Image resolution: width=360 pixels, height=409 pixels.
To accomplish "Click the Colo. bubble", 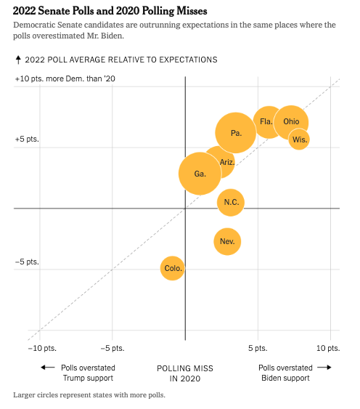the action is coord(172,268).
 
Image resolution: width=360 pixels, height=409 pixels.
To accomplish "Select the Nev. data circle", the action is coord(227,241).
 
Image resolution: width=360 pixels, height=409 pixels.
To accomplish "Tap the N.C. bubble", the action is coord(231,202).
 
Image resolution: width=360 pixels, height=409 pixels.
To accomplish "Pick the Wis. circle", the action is coord(299,139).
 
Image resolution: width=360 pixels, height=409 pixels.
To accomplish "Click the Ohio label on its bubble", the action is coord(291,121).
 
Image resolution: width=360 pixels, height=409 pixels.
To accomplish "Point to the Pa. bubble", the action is coord(236,133).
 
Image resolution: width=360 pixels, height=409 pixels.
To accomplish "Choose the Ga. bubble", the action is coord(200,174).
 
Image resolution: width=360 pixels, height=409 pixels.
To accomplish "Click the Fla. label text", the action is coord(266,121).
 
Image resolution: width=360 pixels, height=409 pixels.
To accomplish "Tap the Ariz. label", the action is coord(227,162).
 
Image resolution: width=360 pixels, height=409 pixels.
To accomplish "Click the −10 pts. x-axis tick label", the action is coord(42,348).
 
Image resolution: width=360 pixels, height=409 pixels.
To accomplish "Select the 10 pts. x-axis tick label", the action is coord(328,348).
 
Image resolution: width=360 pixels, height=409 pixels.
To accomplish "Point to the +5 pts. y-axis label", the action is coord(27,139).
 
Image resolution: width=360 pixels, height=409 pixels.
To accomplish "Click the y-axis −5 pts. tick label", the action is coord(27,262).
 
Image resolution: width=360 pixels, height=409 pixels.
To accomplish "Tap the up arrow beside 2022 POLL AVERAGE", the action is coord(18,60).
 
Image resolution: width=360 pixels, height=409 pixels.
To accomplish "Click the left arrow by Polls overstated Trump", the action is coord(48,368).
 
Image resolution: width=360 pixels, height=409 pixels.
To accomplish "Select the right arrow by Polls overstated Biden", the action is coord(324,368).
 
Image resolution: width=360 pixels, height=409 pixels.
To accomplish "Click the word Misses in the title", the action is coord(192,11).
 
